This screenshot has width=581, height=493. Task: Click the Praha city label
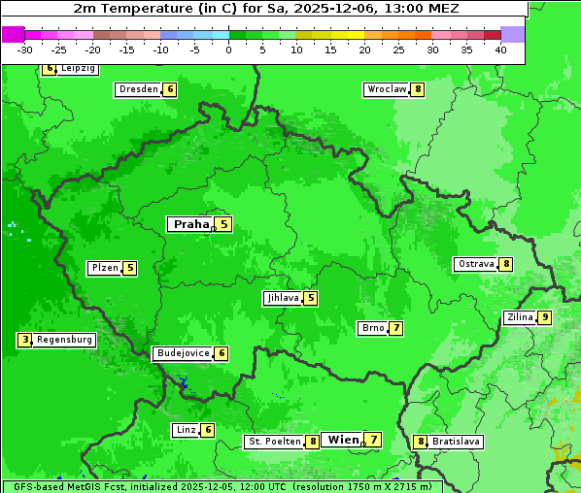click(190, 224)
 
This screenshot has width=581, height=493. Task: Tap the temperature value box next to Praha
click(223, 224)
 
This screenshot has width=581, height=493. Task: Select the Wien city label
click(343, 440)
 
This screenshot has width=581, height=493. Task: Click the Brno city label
click(372, 328)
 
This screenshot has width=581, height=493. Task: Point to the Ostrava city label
click(476, 264)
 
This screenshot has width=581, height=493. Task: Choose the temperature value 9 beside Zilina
click(545, 317)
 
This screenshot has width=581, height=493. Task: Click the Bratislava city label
click(456, 442)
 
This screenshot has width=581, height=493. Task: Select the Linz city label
click(186, 430)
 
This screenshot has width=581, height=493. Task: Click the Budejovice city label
click(183, 353)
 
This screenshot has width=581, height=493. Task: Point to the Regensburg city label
click(65, 340)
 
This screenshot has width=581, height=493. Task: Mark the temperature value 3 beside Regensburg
click(25, 340)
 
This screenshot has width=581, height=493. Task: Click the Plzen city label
click(104, 268)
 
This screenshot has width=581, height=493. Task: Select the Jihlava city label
click(282, 298)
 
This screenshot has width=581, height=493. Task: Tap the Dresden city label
click(138, 89)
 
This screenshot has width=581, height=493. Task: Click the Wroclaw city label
click(386, 89)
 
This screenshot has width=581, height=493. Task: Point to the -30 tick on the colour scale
click(25, 49)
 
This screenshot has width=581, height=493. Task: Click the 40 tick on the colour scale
click(500, 49)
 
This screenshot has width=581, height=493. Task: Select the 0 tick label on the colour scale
click(229, 49)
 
